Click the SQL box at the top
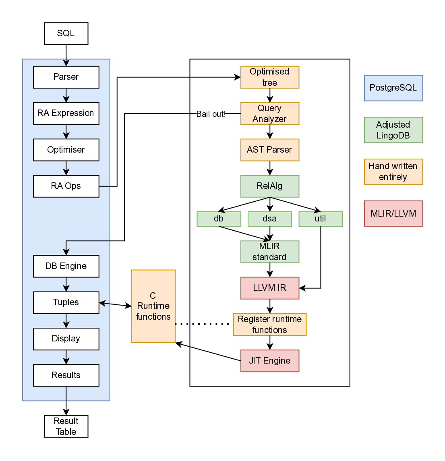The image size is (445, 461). [x=66, y=33]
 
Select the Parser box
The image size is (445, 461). [x=66, y=77]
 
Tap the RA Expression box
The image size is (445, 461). [x=66, y=113]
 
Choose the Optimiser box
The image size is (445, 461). [x=66, y=150]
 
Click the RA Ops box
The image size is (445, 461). [x=66, y=186]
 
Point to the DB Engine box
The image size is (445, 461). [x=66, y=266]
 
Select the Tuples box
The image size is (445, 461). [x=66, y=302]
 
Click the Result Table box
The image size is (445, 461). [x=66, y=426]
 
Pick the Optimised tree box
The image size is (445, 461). [x=270, y=77]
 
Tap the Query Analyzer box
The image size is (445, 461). [x=270, y=114]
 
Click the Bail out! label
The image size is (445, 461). [x=211, y=114]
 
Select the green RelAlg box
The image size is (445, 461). [x=270, y=186]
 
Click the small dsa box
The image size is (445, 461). [x=270, y=219]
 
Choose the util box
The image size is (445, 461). [x=321, y=219]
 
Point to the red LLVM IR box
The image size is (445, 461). [x=270, y=288]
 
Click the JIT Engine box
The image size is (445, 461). [x=270, y=361]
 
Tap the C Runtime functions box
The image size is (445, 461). [x=153, y=306]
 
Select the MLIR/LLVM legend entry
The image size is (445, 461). [x=393, y=213]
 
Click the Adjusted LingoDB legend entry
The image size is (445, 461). [x=393, y=130]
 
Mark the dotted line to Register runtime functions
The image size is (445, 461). [x=204, y=324]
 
